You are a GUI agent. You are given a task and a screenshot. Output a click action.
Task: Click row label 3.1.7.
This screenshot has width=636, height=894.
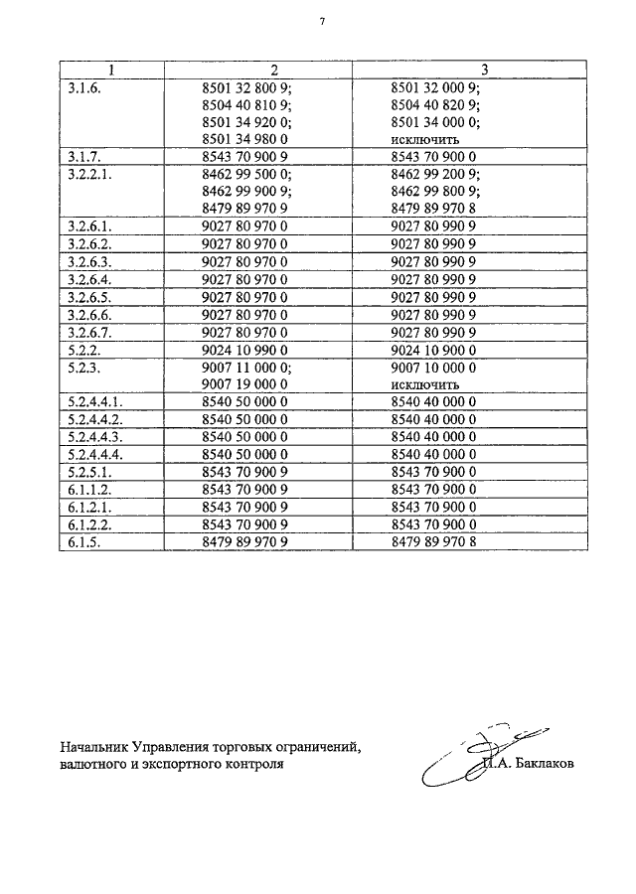[x=84, y=157]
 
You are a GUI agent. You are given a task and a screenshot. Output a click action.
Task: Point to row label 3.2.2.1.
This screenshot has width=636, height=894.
[x=90, y=174]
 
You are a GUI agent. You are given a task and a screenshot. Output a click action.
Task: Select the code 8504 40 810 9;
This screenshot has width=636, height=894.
[x=245, y=104]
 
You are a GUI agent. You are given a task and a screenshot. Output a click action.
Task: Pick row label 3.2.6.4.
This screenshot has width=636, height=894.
[x=90, y=279]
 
